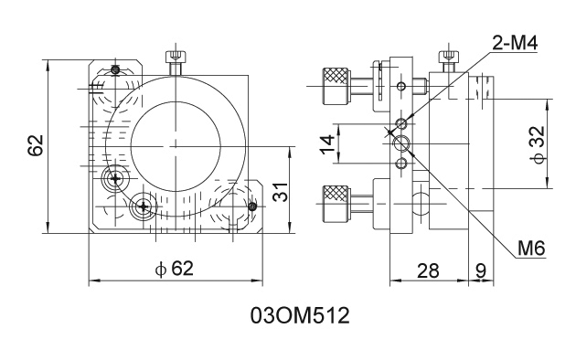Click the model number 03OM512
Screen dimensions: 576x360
[x=300, y=315]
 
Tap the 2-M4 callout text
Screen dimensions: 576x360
[x=515, y=44]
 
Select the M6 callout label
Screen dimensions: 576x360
[x=531, y=249]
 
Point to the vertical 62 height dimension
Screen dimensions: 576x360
[x=36, y=145]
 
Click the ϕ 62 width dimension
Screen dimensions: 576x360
[x=174, y=269]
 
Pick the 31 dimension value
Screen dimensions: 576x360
[x=282, y=192]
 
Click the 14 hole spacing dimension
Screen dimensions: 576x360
[x=327, y=144]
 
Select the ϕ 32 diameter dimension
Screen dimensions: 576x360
[x=537, y=145]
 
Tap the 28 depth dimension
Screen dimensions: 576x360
[x=428, y=270]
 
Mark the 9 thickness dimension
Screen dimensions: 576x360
[x=481, y=270]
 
